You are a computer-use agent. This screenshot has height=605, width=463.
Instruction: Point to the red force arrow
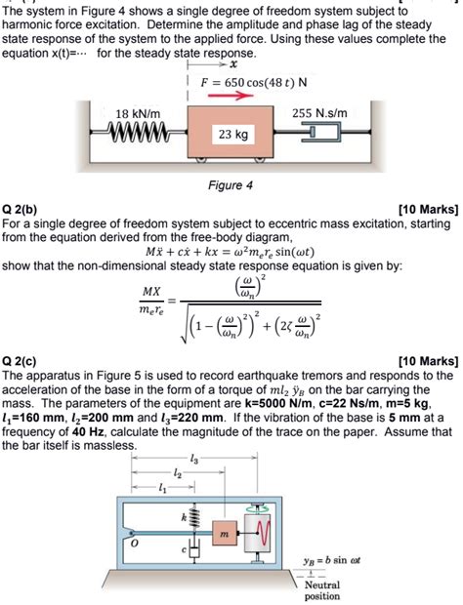pos(237,97)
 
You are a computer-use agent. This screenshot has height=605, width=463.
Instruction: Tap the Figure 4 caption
pos(231,212)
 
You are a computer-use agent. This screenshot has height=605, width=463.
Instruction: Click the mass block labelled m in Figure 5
pos(223,533)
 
